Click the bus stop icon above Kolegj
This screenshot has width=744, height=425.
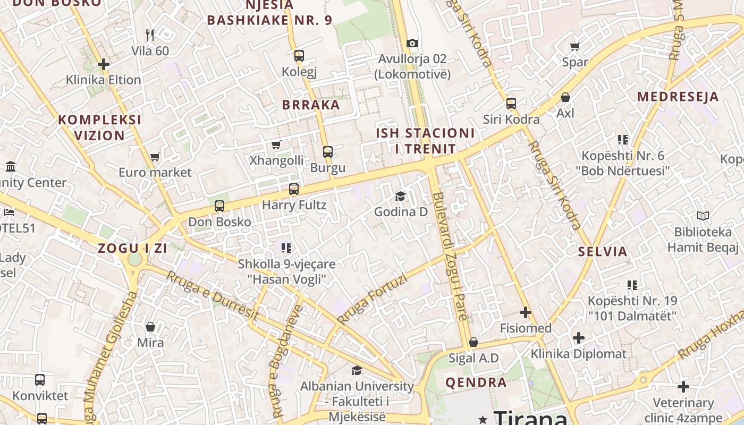point(299,55)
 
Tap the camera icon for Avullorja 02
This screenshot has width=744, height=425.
point(412,43)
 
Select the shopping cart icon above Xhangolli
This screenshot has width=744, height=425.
point(276,144)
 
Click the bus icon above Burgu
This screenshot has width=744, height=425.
point(328,152)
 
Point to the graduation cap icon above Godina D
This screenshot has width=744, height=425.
point(400,196)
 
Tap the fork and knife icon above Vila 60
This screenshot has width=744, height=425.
point(150,35)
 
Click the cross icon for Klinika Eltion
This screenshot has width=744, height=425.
point(104,65)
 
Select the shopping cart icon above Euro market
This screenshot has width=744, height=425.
point(155,157)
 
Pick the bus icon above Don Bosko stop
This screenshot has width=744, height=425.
point(219,206)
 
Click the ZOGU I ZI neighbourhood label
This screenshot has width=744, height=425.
point(132,248)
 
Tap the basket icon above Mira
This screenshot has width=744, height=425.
point(150,326)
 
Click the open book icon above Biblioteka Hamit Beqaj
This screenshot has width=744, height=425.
point(703,216)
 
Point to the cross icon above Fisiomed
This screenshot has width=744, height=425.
point(526,312)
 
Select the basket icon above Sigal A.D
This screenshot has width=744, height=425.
point(474,342)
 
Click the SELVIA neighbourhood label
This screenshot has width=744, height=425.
point(603,252)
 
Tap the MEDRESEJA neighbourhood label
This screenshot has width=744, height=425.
point(678,97)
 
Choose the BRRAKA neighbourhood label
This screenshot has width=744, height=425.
point(311,105)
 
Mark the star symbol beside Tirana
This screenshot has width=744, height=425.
point(483,420)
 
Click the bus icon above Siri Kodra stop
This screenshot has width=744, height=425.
point(511,104)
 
